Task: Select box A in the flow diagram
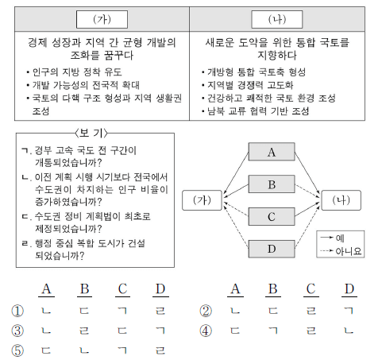coord(272,153)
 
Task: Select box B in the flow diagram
coord(272,185)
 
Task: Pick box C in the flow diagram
coord(272,217)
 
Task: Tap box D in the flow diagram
coord(272,250)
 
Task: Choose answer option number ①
coord(17,312)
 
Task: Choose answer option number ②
coord(206,312)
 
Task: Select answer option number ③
coord(17,331)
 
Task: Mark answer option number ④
coord(206,331)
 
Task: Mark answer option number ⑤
coord(17,350)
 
